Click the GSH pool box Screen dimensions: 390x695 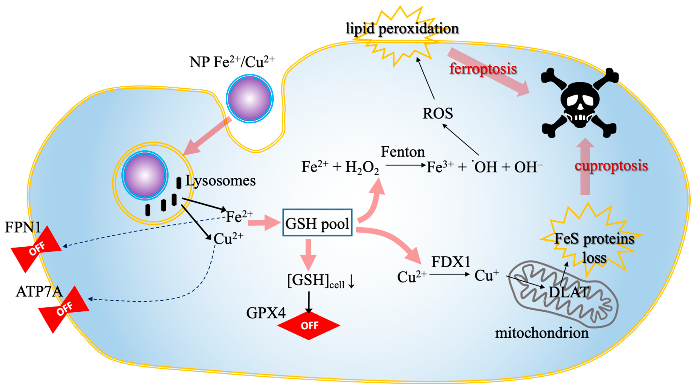(317, 223)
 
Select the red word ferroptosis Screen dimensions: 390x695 (483, 69)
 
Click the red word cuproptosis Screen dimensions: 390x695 (611, 166)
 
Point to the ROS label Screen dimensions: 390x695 (438, 113)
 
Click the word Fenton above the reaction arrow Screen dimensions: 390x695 (403, 152)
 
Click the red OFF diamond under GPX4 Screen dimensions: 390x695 (309, 326)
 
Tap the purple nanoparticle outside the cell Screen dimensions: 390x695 (250, 98)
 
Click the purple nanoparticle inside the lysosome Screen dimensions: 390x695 (145, 175)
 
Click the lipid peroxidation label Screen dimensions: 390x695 (402, 29)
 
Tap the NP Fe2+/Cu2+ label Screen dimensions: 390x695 (232, 62)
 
